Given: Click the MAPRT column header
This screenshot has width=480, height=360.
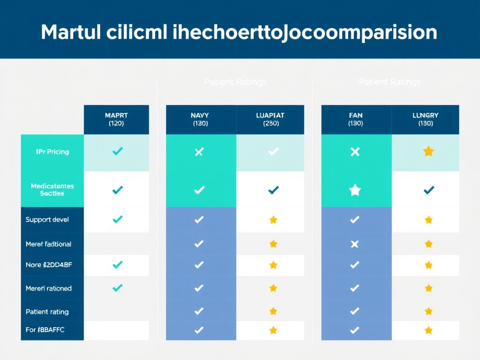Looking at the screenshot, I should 116,119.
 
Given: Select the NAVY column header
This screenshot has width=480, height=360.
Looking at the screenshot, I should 200,119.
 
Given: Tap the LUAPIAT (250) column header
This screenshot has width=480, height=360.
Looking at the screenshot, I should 270,119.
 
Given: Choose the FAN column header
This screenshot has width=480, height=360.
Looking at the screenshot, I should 355,119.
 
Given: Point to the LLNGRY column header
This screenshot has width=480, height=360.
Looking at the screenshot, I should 426,119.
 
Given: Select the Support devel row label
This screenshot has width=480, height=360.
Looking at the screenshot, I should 47,219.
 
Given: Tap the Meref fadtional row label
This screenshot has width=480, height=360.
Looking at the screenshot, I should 48,244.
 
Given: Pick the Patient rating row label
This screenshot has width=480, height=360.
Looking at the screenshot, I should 47,312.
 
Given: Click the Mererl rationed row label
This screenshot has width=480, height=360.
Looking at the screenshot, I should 48,288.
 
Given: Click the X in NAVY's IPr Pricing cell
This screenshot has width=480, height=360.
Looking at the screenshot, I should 199,151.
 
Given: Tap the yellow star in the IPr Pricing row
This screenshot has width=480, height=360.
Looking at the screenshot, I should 428,151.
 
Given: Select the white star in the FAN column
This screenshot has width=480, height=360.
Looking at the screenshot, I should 355,190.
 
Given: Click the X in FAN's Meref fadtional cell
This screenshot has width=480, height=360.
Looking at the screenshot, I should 355,244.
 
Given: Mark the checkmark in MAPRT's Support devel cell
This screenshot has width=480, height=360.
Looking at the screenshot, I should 118,219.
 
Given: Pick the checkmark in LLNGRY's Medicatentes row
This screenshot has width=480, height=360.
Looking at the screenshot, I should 428,190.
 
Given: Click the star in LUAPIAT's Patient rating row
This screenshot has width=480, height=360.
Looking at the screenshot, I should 273,310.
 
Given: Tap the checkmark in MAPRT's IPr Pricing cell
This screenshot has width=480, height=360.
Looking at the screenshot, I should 118,151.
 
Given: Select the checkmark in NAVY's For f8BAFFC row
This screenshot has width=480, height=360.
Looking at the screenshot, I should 199,330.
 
